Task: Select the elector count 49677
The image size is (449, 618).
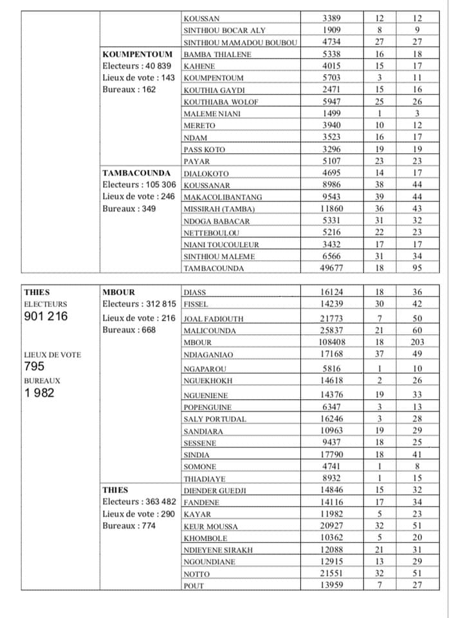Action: tap(333, 268)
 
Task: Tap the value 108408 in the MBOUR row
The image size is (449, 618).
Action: tap(333, 342)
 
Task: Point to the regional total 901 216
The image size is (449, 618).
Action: tap(45, 316)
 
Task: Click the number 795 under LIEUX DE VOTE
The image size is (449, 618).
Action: tap(34, 366)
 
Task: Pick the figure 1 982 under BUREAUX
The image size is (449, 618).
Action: tap(39, 393)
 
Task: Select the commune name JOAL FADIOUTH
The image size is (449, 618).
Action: tap(210, 319)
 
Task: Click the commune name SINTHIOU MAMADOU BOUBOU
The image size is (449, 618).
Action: tap(240, 42)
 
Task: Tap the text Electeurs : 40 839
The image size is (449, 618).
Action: tap(137, 66)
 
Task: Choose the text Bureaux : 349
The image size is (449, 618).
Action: tap(129, 209)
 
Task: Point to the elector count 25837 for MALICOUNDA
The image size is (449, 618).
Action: tap(333, 330)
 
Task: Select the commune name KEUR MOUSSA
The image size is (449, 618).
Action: tap(210, 527)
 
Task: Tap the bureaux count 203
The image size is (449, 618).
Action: tap(417, 342)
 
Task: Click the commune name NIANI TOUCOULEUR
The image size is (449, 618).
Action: tap(221, 245)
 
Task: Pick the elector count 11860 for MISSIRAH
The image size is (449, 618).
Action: tap(333, 209)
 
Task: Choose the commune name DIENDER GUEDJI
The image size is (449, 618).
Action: tap(214, 491)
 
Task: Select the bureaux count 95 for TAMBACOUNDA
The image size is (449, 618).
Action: tap(417, 268)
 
